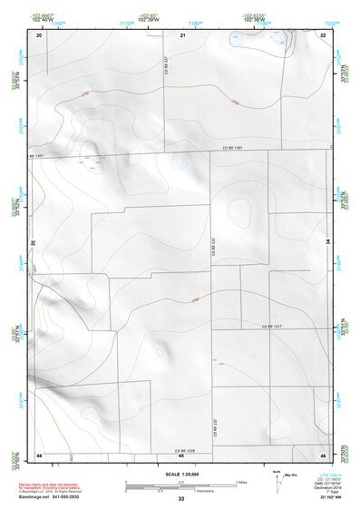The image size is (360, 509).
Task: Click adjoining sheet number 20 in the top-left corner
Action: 39,34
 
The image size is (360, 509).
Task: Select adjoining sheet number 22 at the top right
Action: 324,34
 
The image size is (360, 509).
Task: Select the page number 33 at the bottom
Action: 181,499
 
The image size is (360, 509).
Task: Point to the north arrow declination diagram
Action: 278,479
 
